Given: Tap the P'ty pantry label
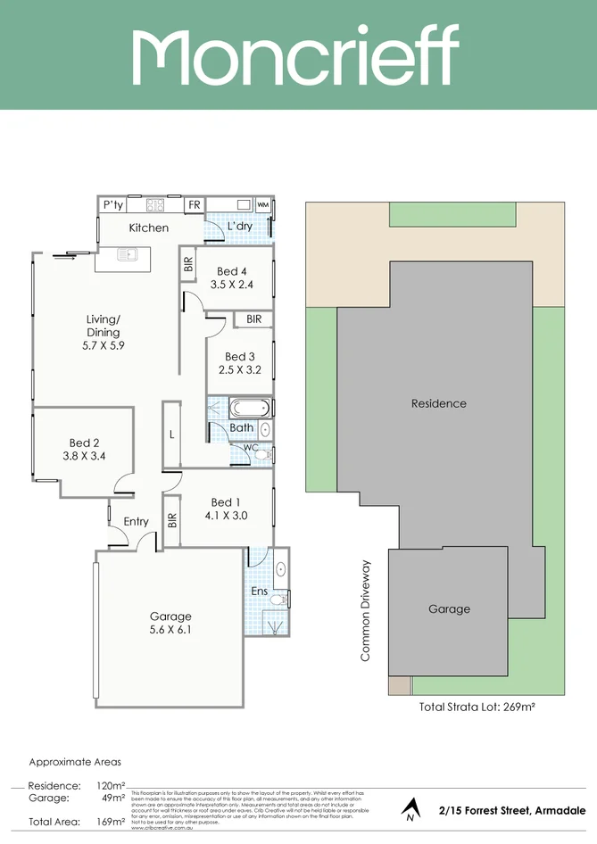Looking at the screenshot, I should (x=112, y=205).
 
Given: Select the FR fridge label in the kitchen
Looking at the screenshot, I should (x=194, y=205).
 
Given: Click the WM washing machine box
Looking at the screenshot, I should (x=263, y=205).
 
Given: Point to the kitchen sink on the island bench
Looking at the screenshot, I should (x=129, y=255).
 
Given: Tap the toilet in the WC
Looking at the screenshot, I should (x=261, y=454).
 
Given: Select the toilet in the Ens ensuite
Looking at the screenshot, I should (x=278, y=600).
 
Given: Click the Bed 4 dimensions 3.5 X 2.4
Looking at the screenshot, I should (x=232, y=285).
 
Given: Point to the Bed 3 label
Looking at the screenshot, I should (x=240, y=357).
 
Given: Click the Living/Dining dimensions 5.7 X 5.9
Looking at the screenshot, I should (x=104, y=345).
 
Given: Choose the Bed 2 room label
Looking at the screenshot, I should (x=84, y=443).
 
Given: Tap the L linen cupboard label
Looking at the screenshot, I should (x=171, y=434).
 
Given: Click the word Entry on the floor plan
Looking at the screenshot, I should (x=137, y=522).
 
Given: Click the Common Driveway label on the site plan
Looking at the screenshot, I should (x=365, y=611).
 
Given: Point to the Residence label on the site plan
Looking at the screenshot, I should (x=438, y=403).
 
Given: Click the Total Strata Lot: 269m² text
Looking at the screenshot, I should (x=477, y=707).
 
